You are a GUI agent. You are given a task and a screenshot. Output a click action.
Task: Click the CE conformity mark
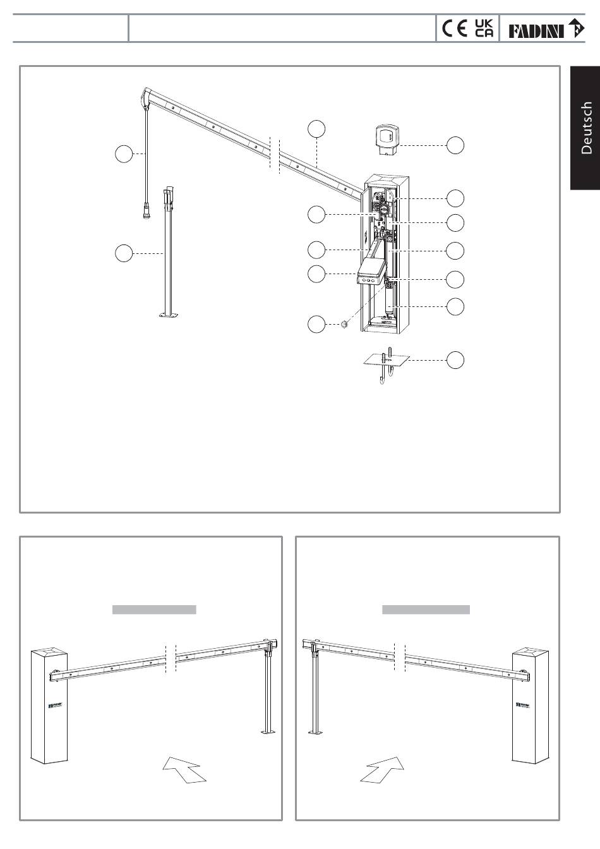(x=455, y=29)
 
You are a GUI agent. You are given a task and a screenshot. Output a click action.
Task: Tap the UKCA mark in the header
(x=484, y=29)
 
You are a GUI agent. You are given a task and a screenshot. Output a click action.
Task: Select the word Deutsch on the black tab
(x=586, y=127)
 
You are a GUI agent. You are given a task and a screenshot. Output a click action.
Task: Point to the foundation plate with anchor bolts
(x=387, y=360)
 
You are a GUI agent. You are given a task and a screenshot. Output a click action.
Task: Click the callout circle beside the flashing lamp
(x=455, y=145)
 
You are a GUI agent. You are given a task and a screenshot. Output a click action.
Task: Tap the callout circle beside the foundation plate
(x=455, y=360)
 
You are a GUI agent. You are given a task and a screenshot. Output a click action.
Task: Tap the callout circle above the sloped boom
(x=317, y=128)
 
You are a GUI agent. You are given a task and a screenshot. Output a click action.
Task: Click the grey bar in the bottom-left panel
(x=154, y=610)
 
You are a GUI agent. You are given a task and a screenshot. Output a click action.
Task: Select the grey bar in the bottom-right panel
(x=426, y=610)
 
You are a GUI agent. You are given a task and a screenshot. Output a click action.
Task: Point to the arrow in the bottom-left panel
(x=183, y=769)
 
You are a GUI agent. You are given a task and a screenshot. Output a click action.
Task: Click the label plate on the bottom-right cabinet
(x=525, y=704)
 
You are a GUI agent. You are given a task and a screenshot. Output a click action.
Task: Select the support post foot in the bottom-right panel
(x=315, y=733)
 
